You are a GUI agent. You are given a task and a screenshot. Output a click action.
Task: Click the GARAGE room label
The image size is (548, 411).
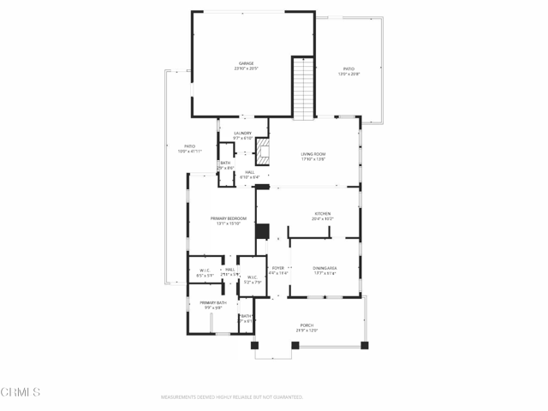click(x=246, y=63)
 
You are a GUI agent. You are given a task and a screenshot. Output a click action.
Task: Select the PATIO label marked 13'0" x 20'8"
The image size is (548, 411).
click(x=348, y=68)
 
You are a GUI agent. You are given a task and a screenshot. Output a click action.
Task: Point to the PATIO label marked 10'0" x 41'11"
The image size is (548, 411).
click(x=189, y=146)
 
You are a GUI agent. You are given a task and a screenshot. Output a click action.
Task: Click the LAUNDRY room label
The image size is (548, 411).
click(x=243, y=133)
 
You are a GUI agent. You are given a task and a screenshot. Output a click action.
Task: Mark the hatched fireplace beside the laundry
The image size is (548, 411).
click(x=264, y=155)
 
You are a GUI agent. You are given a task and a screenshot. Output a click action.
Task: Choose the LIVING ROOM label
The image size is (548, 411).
click(x=313, y=154)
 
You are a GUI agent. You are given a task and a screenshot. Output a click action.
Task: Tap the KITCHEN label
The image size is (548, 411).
click(x=322, y=214)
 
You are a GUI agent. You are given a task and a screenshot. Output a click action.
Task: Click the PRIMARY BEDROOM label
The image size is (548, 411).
click(x=229, y=218)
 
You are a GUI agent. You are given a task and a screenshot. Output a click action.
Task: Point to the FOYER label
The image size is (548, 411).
click(x=278, y=268)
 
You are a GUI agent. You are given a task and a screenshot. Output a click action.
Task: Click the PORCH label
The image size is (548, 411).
click(x=306, y=325)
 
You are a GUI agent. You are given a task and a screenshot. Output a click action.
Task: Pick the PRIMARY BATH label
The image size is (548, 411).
click(x=212, y=303)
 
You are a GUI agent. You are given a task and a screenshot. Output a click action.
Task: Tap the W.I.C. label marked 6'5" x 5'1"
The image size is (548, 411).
click(x=205, y=270)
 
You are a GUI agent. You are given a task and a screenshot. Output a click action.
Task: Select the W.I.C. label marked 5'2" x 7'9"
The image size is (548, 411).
click(x=253, y=277)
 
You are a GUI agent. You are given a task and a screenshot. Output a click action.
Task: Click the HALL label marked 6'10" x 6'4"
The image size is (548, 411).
click(x=249, y=172)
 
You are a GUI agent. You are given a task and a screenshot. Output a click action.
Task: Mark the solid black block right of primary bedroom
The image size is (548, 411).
click(x=262, y=231)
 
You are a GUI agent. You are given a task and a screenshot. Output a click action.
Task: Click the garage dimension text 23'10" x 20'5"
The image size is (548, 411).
click(x=246, y=68)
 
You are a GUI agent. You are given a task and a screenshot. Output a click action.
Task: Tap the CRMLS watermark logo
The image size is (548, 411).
click(x=21, y=392)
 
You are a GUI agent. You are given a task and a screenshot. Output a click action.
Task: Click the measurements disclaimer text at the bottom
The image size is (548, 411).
click(x=231, y=397)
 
